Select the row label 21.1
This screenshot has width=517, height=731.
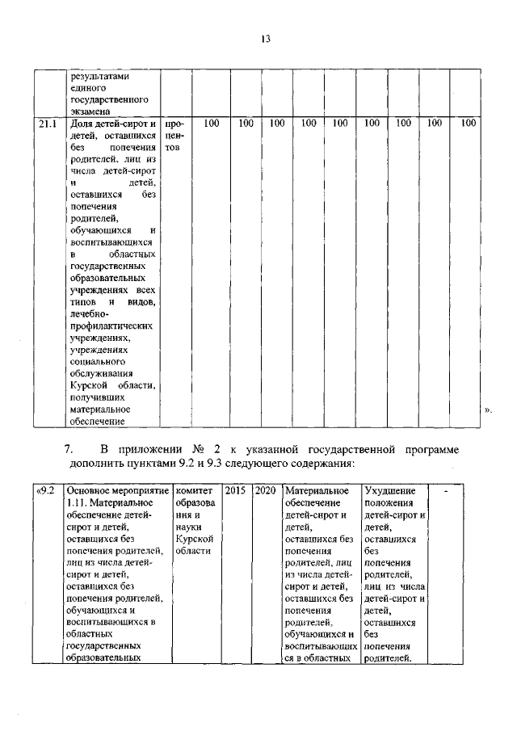point(48,124)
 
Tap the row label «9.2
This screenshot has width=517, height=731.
point(46,490)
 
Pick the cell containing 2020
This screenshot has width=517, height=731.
point(265,490)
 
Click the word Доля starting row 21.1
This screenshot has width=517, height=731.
point(82,124)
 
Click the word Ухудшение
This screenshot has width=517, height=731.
point(390,490)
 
